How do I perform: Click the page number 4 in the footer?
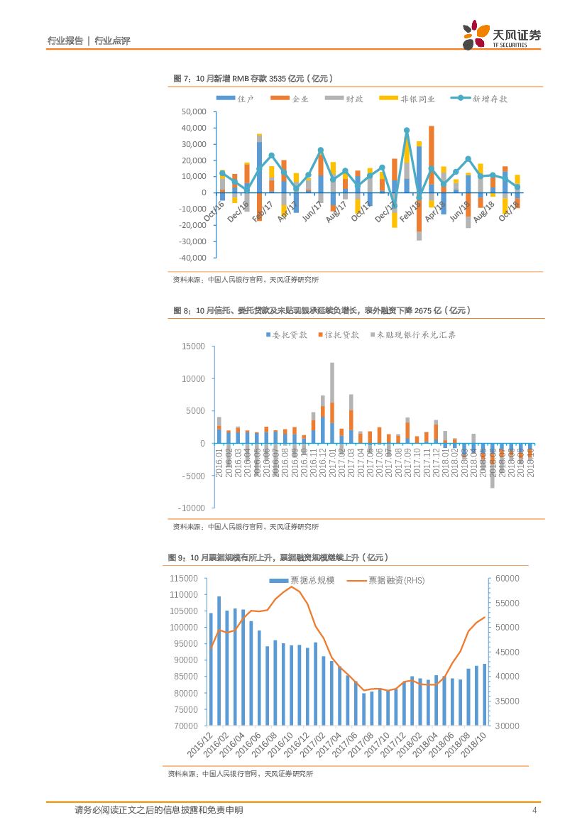pos(534,810)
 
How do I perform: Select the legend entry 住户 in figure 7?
pos(236,99)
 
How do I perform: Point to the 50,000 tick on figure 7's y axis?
pos(194,112)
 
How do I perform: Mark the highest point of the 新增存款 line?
pos(407,131)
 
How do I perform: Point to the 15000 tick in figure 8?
pos(193,346)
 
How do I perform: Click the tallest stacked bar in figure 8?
pos(332,403)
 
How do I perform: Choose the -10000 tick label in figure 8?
pos(192,508)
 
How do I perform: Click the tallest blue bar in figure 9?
pos(219,660)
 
